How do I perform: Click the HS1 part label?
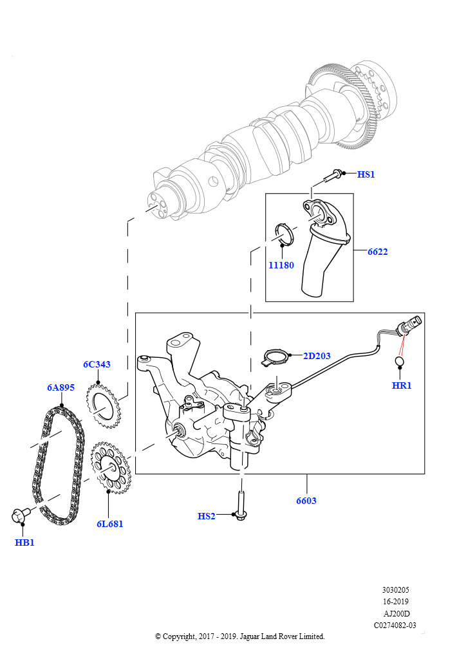[x=366, y=174]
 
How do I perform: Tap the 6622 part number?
[x=377, y=252]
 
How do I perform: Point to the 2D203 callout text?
[x=316, y=356]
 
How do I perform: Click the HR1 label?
[x=401, y=385]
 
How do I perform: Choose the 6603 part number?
[x=306, y=500]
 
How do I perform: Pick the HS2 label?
[x=206, y=516]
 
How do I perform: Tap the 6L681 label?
[x=110, y=524]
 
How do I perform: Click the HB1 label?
[x=24, y=543]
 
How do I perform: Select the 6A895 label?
[x=61, y=388]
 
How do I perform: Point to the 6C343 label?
[x=97, y=364]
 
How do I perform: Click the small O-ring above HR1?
[x=400, y=364]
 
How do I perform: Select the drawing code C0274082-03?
[x=395, y=624]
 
